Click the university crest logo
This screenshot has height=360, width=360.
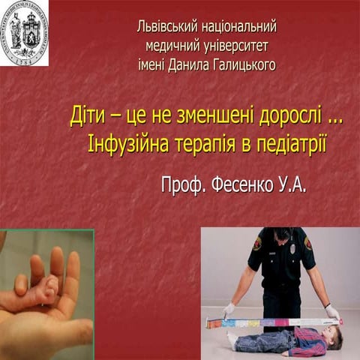tap(24, 32)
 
